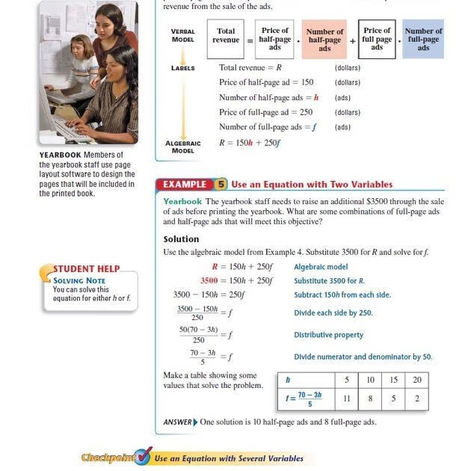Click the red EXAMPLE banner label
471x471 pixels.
tap(184, 184)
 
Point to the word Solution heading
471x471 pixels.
tap(182, 239)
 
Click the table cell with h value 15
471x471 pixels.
tap(393, 380)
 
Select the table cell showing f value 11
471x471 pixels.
tap(347, 398)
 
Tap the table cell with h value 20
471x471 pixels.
tap(417, 380)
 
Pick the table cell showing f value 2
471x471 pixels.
tap(417, 398)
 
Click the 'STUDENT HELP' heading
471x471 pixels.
tap(87, 269)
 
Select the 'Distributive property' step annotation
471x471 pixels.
tap(329, 335)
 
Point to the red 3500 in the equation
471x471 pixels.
tap(209, 280)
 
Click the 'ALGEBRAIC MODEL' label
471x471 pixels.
tap(182, 147)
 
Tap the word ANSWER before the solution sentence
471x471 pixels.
tap(177, 422)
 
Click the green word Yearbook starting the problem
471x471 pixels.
tap(182, 202)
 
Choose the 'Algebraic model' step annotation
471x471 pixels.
tap(321, 266)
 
